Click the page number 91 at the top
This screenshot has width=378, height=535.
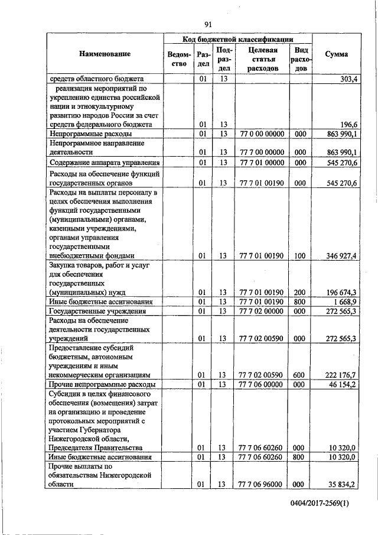(208, 24)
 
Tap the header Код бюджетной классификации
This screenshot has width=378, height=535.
(237, 39)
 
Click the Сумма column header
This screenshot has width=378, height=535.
(337, 54)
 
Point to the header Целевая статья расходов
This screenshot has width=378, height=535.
(263, 59)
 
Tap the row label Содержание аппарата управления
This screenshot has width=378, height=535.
(105, 163)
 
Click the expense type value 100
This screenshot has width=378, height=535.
(300, 255)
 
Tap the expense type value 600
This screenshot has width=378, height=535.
(300, 375)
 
